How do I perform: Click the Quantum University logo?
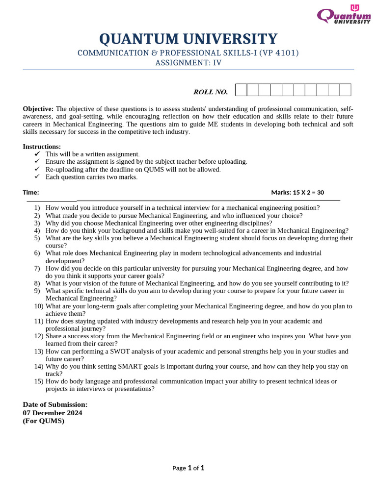[x=344, y=15]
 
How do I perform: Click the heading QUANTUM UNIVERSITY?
[x=188, y=39]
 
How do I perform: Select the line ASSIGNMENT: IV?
[x=188, y=62]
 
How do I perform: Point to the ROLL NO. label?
[x=211, y=92]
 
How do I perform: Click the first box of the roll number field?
[x=241, y=90]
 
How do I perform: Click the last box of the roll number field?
[x=345, y=90]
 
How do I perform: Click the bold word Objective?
[x=38, y=109]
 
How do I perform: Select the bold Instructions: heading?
[x=42, y=147]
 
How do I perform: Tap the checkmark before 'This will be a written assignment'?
[x=37, y=154]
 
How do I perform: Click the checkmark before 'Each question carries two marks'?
[x=37, y=177]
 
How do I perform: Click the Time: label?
[x=31, y=193]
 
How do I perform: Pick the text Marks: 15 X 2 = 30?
[x=297, y=193]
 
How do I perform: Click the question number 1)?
[x=37, y=208]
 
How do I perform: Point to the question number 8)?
[x=37, y=283]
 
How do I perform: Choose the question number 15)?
[x=39, y=381]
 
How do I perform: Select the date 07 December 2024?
[x=53, y=413]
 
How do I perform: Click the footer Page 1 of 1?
[x=188, y=468]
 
